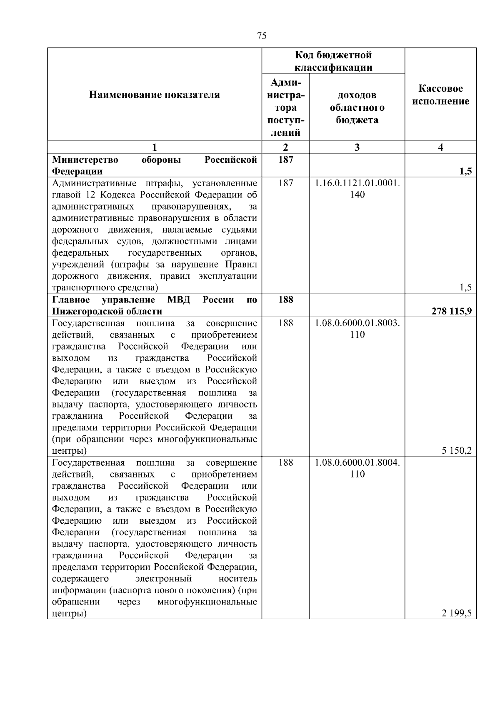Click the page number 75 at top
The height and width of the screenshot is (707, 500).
[x=262, y=36]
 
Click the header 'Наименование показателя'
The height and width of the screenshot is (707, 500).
[x=154, y=95]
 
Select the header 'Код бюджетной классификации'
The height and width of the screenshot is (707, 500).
[x=333, y=61]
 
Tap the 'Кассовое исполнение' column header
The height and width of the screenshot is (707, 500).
[x=440, y=95]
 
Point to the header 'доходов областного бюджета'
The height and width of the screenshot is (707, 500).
[x=357, y=107]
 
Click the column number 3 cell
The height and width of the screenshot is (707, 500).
[x=357, y=147]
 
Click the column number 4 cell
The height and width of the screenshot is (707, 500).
[x=440, y=147]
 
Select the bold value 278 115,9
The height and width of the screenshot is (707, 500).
[x=452, y=311]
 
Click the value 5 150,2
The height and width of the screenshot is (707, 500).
[x=457, y=450]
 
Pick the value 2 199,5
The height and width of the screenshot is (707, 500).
[x=457, y=613]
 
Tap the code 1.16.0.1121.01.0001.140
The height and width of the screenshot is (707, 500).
[x=357, y=189]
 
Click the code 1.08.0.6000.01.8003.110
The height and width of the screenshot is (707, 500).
[x=357, y=329]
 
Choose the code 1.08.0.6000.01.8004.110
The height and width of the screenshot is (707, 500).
[x=357, y=468]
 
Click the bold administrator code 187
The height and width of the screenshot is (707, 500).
[x=285, y=160]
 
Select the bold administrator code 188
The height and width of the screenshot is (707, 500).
[x=285, y=300]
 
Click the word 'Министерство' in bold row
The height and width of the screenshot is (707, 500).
[x=85, y=160]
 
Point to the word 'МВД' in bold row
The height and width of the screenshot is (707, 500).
[x=178, y=300]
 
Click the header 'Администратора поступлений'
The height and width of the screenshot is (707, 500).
[x=285, y=107]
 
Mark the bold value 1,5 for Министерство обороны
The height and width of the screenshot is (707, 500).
[x=466, y=171]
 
